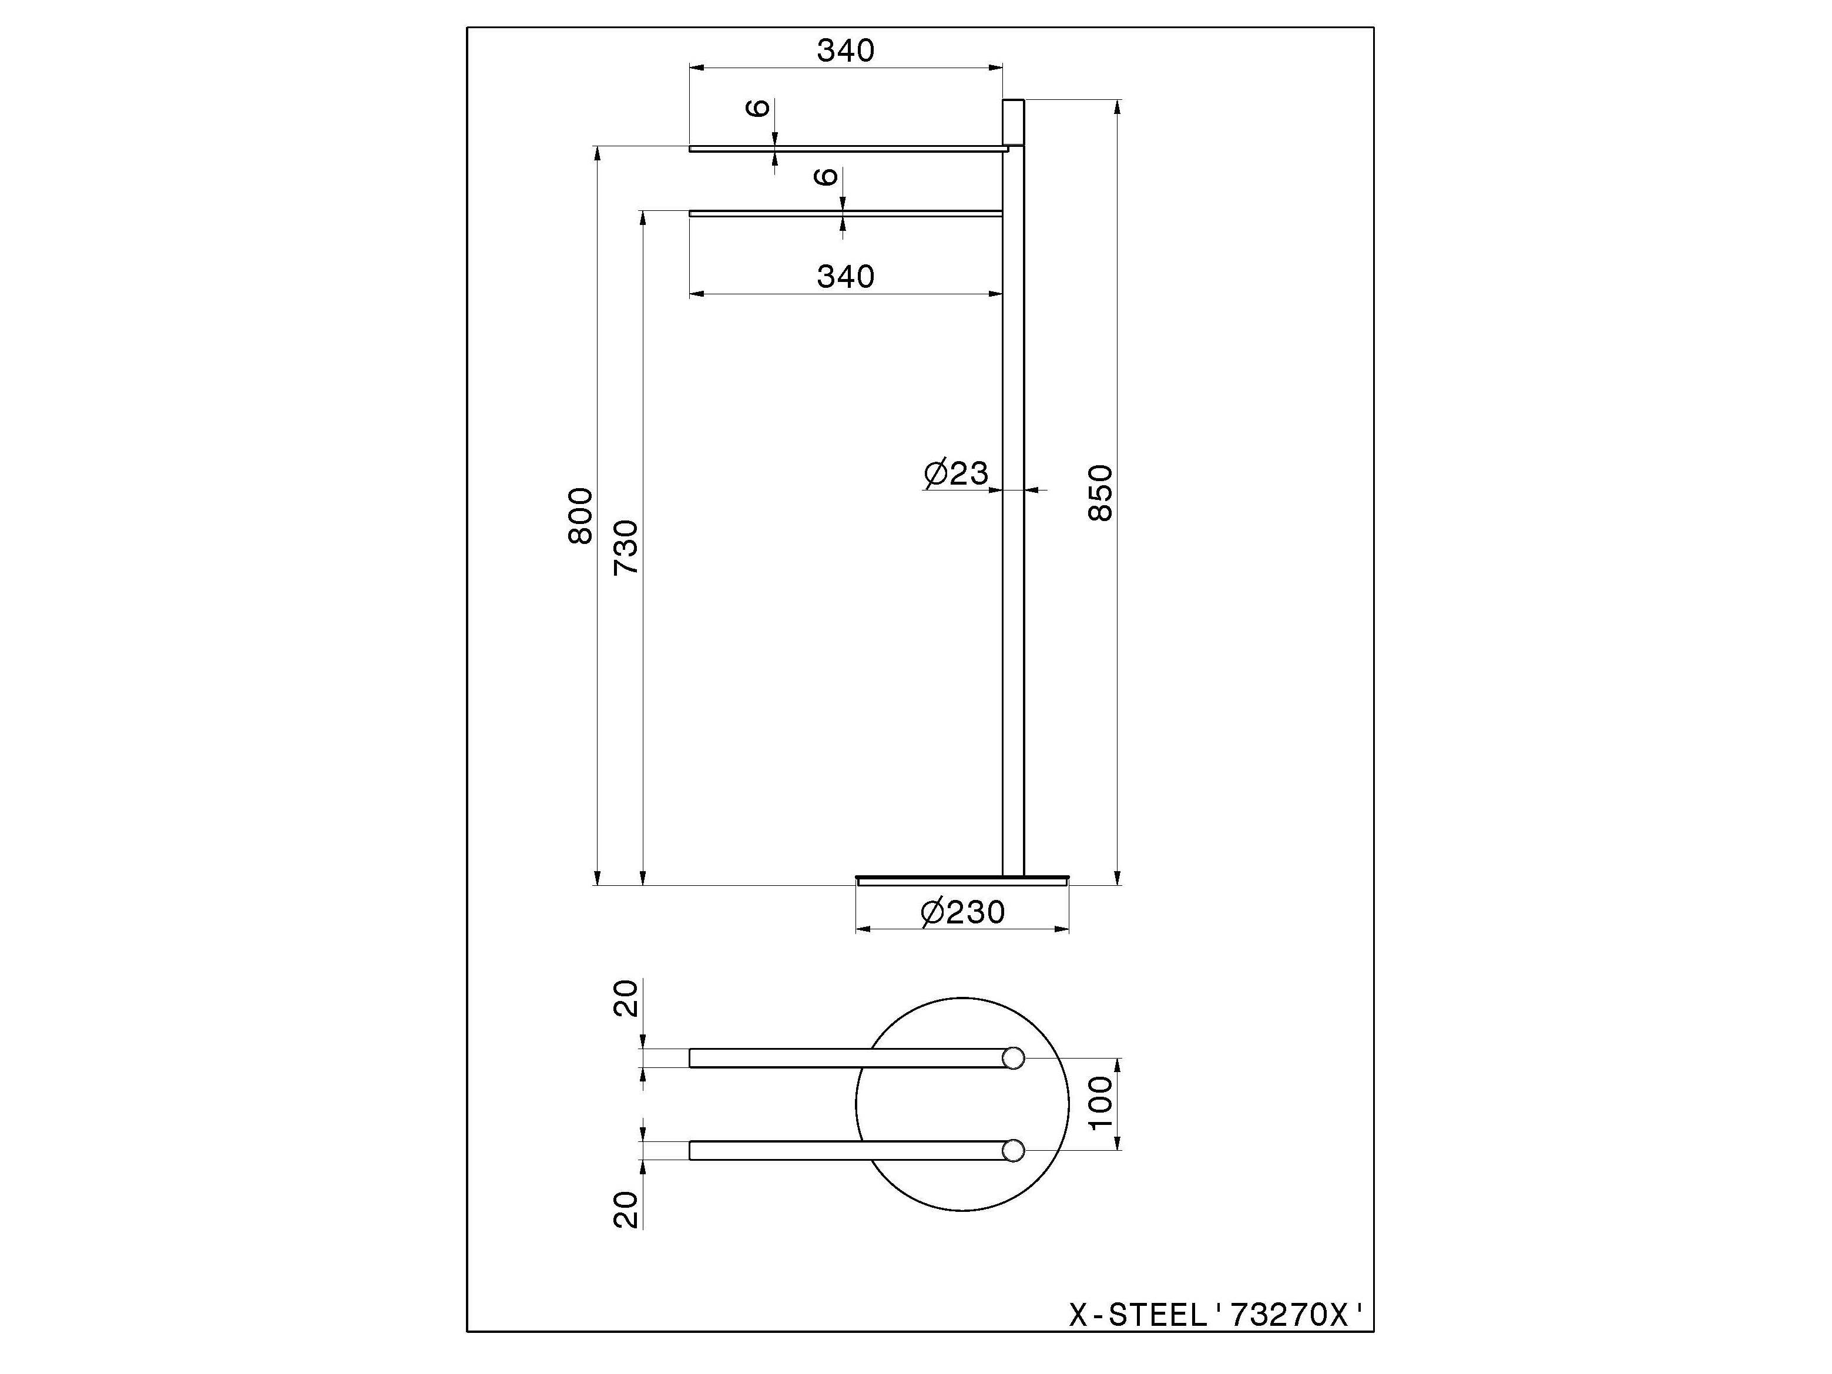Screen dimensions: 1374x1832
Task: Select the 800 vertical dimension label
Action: [x=580, y=515]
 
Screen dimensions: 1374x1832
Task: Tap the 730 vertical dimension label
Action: [x=626, y=547]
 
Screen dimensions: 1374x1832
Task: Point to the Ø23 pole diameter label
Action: [x=956, y=473]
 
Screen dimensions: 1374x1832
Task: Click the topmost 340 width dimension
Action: [x=845, y=51]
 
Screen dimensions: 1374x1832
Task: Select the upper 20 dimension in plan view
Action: [x=626, y=998]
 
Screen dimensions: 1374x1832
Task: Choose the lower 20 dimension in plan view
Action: [x=626, y=1209]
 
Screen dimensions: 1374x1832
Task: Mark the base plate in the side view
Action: [x=962, y=879]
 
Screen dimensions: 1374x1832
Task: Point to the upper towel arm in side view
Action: [x=845, y=149]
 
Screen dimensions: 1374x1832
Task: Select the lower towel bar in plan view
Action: [x=845, y=1150]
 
